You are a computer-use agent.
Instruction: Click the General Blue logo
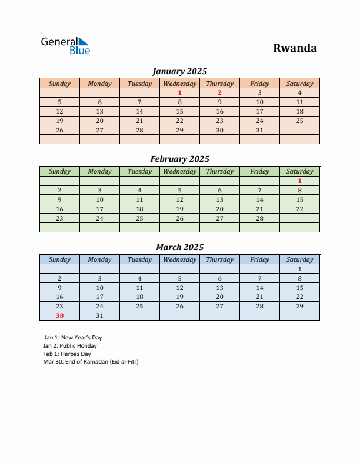(65, 46)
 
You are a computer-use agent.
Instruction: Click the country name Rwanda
(295, 48)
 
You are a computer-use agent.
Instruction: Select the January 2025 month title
(179, 71)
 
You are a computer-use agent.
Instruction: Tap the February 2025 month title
(179, 159)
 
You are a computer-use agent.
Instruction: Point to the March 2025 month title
(179, 247)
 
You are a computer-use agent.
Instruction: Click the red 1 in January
(179, 92)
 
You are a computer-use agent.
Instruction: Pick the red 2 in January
(219, 92)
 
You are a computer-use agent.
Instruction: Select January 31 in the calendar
(259, 130)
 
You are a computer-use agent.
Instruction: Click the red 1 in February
(299, 181)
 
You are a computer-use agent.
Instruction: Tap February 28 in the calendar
(259, 218)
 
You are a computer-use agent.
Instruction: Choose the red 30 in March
(59, 315)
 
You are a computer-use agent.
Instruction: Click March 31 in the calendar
(99, 315)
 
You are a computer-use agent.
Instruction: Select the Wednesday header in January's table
(179, 84)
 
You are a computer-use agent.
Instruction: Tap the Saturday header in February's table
(299, 171)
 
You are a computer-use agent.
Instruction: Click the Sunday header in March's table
(59, 259)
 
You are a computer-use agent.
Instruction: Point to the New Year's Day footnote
(73, 338)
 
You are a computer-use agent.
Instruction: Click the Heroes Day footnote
(67, 354)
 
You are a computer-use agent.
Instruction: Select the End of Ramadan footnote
(91, 362)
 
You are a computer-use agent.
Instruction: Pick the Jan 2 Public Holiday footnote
(70, 346)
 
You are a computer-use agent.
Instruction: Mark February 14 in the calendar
(259, 199)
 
